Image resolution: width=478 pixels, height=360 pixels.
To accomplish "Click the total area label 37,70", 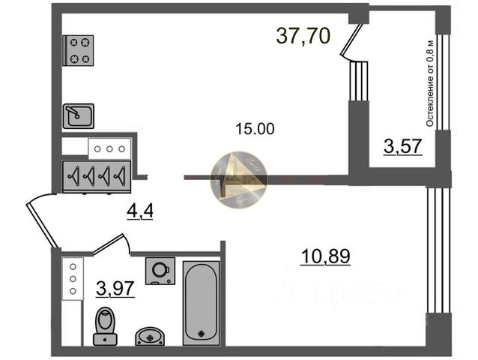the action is tap(303, 36).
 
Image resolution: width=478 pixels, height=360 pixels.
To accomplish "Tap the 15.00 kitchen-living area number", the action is tap(255, 128).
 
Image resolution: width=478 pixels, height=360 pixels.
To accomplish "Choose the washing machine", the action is tap(160, 271).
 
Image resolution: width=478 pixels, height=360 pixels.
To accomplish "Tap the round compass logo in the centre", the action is tap(238, 179).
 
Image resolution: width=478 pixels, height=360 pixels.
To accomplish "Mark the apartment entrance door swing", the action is tap(40, 217).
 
